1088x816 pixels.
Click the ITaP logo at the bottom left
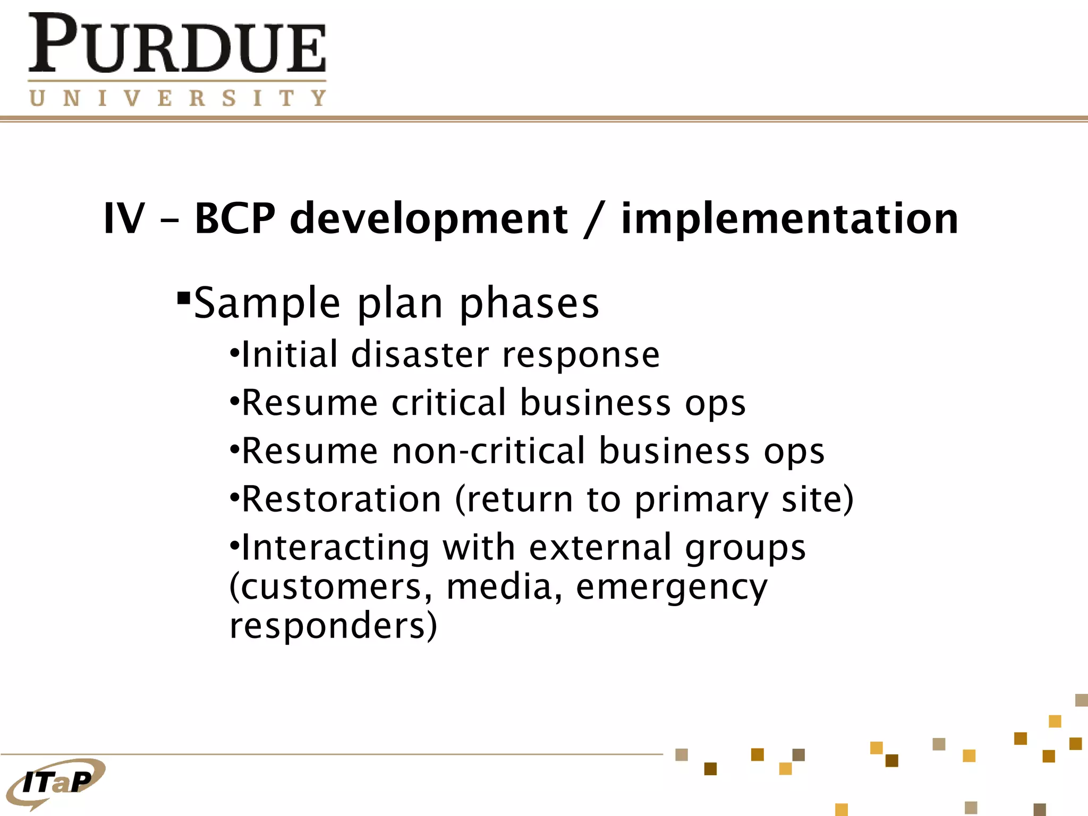(x=56, y=782)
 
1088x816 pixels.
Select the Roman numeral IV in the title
(x=124, y=218)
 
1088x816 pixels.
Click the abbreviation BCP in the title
(x=235, y=218)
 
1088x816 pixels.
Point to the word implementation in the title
(x=789, y=218)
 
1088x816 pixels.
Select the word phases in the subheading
(x=529, y=304)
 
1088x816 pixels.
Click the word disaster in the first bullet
(x=420, y=355)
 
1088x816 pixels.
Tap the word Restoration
(x=342, y=499)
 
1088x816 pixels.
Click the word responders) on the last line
(x=333, y=626)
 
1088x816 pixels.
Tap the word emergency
(x=671, y=588)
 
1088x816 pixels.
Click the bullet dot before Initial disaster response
(x=234, y=353)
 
